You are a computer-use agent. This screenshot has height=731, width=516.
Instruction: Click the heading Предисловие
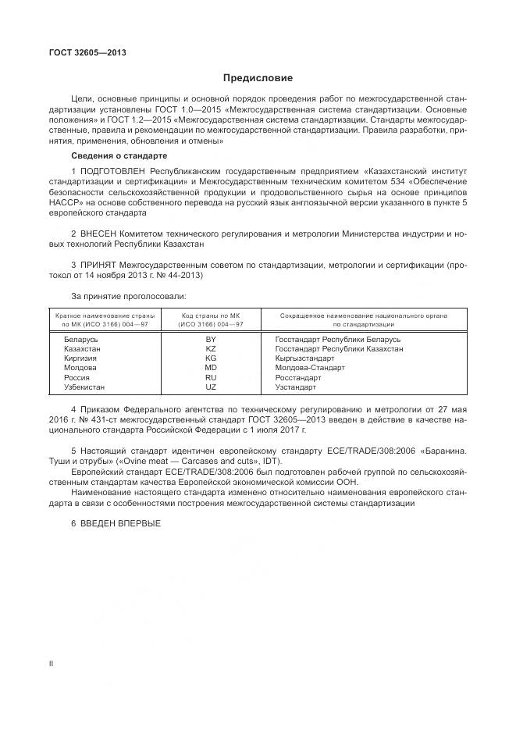click(x=258, y=78)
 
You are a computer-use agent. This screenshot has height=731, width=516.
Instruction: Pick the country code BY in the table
click(x=210, y=340)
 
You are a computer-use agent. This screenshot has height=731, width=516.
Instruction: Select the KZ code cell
click(x=210, y=349)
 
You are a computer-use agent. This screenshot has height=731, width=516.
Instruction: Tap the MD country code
click(x=210, y=368)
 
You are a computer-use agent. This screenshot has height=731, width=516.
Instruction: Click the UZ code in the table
click(x=210, y=387)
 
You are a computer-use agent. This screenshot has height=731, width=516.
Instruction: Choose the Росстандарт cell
click(x=298, y=377)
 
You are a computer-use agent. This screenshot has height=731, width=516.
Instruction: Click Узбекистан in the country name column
click(x=84, y=387)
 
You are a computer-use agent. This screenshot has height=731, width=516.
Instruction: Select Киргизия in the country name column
click(x=80, y=358)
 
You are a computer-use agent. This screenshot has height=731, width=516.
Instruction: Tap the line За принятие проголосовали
click(x=129, y=296)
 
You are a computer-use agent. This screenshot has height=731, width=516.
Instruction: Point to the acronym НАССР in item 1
click(x=80, y=202)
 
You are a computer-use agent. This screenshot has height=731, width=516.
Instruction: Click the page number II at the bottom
click(x=51, y=664)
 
